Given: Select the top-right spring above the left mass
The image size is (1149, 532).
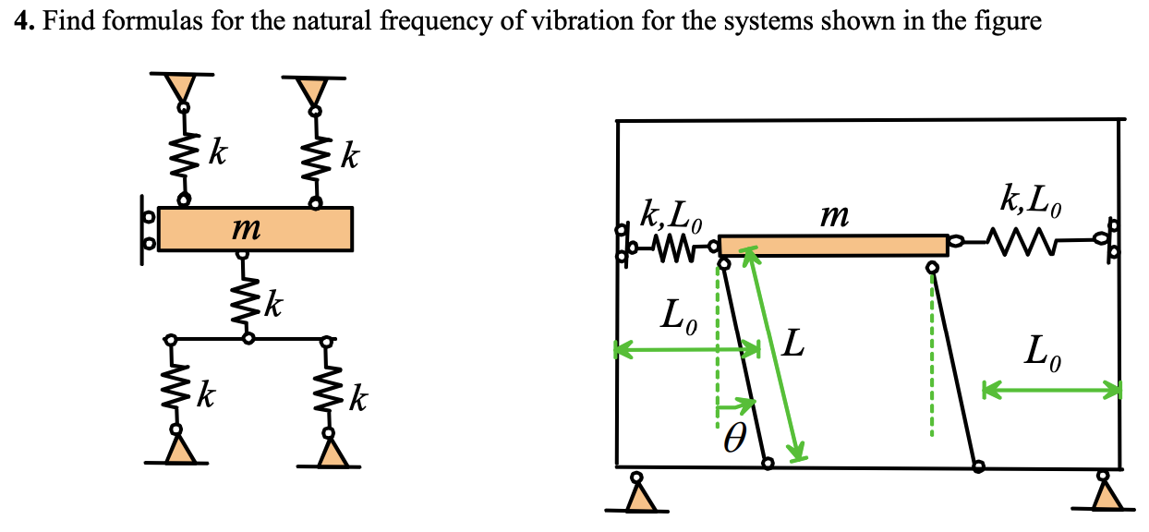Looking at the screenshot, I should [x=316, y=155].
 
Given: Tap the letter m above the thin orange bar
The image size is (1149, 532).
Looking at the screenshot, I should [x=833, y=216].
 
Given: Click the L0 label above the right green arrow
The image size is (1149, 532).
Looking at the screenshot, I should [x=1044, y=352].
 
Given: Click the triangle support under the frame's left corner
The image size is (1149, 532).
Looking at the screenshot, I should [x=637, y=494].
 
